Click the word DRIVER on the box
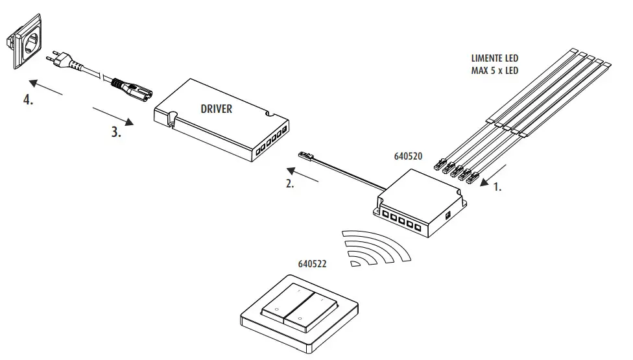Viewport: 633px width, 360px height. [x=216, y=109]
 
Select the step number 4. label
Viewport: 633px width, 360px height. [x=29, y=102]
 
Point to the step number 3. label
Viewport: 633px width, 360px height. [x=115, y=133]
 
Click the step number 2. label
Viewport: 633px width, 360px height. [x=289, y=184]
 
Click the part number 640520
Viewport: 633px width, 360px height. [x=408, y=157]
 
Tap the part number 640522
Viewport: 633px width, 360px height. [x=312, y=264]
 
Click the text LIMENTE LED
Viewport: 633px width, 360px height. [x=494, y=58]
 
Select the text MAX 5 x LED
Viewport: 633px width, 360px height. [x=494, y=71]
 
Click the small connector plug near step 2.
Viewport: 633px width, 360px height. [x=307, y=156]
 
